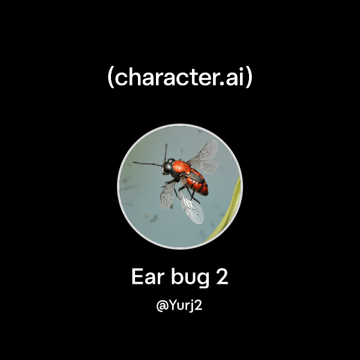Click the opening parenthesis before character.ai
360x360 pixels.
pos(111,79)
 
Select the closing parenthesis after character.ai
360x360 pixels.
pos(249,79)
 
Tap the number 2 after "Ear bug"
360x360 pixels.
pos(223,278)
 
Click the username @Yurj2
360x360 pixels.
pos(180,305)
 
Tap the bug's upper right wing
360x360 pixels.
pos(203,156)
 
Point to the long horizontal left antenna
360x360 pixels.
pos(146,163)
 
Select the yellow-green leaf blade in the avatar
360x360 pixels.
pos(231,207)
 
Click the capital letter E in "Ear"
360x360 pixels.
pos(137,278)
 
